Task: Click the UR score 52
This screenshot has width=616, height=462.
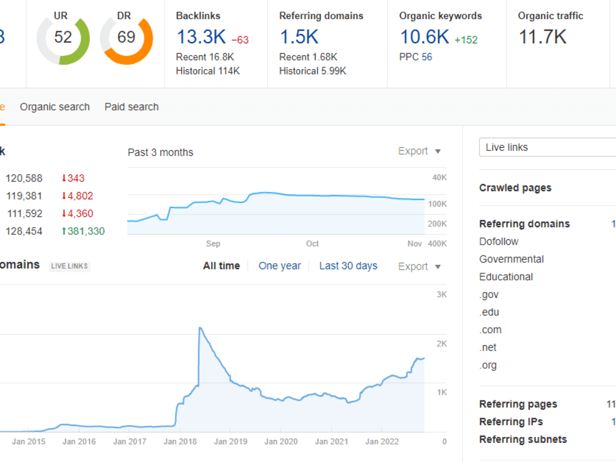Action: pyautogui.click(x=63, y=37)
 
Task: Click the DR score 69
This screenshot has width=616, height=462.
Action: pyautogui.click(x=126, y=37)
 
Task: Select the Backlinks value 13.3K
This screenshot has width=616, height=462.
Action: pyautogui.click(x=201, y=37)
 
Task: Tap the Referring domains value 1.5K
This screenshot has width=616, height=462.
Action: pyautogui.click(x=299, y=37)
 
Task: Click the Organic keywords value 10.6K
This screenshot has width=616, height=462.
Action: pyautogui.click(x=424, y=37)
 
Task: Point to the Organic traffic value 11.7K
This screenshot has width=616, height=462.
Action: pyautogui.click(x=543, y=37)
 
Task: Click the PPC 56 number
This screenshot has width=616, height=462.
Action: pyautogui.click(x=427, y=57)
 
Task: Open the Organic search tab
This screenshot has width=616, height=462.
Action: pyautogui.click(x=55, y=107)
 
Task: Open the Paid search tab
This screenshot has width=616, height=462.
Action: pyautogui.click(x=132, y=107)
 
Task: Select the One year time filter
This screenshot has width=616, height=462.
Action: pyautogui.click(x=280, y=266)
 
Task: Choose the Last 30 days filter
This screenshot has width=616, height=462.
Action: pyautogui.click(x=348, y=266)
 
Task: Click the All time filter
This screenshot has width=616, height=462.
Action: pyautogui.click(x=221, y=266)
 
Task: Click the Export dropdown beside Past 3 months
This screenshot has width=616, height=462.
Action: pyautogui.click(x=419, y=152)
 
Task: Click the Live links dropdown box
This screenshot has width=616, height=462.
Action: pyautogui.click(x=547, y=147)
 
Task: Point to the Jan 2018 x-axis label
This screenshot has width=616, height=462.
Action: pyautogui.click(x=180, y=442)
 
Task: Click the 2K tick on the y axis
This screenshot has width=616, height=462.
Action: pyautogui.click(x=442, y=344)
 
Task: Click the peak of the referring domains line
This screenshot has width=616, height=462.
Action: pyautogui.click(x=200, y=327)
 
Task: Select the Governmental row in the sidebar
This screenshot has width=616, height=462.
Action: pyautogui.click(x=511, y=259)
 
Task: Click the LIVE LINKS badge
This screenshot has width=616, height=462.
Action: pyautogui.click(x=70, y=266)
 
